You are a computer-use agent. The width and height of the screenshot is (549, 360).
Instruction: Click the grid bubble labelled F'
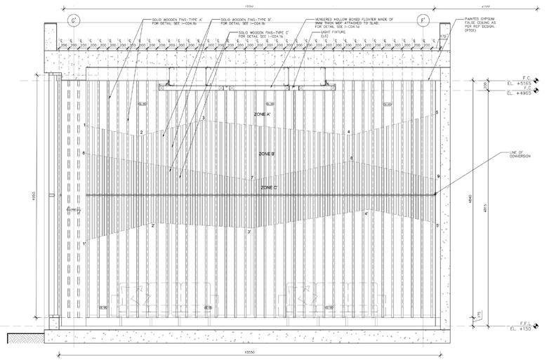click(x=423, y=20)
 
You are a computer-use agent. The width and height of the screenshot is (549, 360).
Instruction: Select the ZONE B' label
click(x=267, y=153)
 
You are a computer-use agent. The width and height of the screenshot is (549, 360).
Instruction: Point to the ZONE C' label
click(x=270, y=188)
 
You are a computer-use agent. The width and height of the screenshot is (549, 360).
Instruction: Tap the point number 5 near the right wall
click(x=437, y=112)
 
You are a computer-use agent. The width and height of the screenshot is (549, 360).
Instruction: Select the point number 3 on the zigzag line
click(x=203, y=118)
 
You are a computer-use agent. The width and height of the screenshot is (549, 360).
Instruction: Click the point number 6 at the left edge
click(x=84, y=153)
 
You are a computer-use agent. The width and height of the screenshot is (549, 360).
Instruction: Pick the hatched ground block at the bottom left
click(x=26, y=338)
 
